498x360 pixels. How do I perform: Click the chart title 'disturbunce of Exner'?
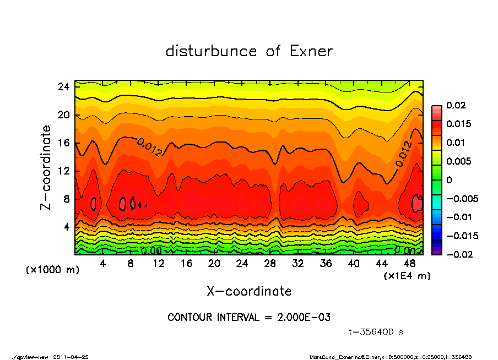click(x=249, y=51)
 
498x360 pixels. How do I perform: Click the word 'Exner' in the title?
click(x=311, y=51)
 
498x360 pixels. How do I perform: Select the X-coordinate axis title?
click(x=249, y=291)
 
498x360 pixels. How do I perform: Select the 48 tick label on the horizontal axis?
click(x=409, y=263)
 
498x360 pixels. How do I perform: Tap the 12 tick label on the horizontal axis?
click(x=159, y=263)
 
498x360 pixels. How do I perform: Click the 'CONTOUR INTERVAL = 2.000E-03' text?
click(x=249, y=318)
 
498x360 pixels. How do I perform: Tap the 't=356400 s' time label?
click(x=376, y=332)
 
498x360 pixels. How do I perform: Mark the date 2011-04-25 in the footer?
click(x=71, y=357)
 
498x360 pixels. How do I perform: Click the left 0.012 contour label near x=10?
click(x=149, y=148)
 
